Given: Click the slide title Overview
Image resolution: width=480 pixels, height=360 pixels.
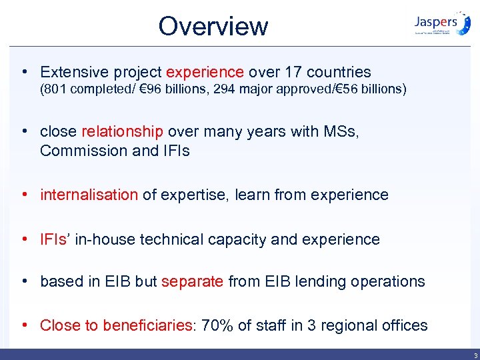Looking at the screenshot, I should click(213, 26).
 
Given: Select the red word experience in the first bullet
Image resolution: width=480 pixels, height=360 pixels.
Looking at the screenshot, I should click(205, 72).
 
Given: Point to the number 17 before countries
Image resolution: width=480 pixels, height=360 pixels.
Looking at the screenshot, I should click(291, 72).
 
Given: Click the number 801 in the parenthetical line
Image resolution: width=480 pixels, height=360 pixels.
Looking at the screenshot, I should click(57, 89).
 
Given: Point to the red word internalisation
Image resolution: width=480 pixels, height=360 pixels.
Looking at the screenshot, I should click(89, 195).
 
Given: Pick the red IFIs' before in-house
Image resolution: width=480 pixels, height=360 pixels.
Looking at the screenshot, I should click(55, 239).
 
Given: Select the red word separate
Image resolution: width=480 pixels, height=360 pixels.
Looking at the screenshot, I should click(193, 281).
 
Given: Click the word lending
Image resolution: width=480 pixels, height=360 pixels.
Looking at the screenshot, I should click(317, 281).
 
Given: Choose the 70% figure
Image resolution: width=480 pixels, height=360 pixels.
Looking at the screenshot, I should click(217, 325).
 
